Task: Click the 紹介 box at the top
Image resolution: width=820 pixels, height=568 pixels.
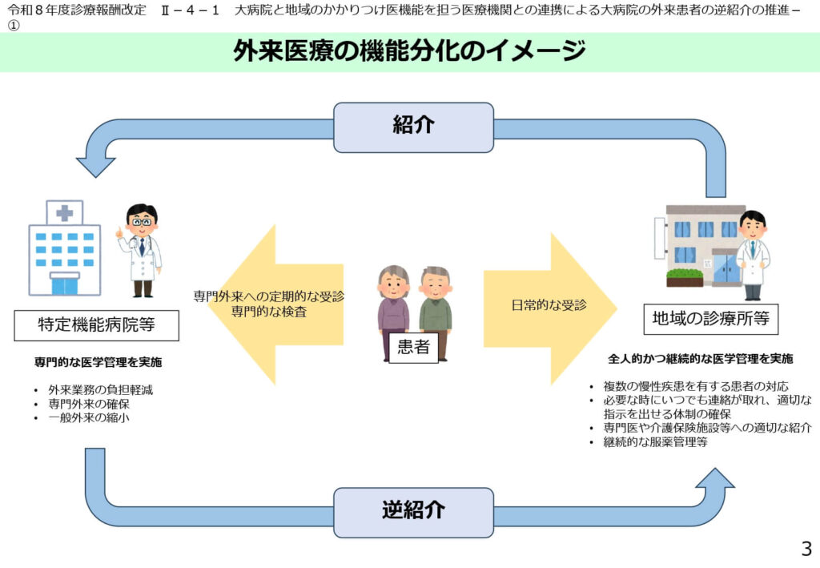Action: tap(413, 127)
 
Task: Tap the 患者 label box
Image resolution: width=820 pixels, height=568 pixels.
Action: tap(413, 347)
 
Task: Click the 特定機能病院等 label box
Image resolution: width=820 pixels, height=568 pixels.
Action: tap(97, 324)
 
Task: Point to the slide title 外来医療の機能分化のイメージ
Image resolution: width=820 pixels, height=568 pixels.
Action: tap(409, 52)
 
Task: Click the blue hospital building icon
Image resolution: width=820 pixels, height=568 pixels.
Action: tap(64, 248)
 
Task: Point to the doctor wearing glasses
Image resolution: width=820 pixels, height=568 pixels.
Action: tap(142, 248)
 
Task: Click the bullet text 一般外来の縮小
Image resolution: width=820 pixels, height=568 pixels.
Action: tap(88, 417)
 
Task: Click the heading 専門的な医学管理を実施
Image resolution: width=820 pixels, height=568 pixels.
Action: tap(98, 362)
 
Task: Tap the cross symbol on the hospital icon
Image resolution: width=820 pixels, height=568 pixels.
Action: tap(64, 213)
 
